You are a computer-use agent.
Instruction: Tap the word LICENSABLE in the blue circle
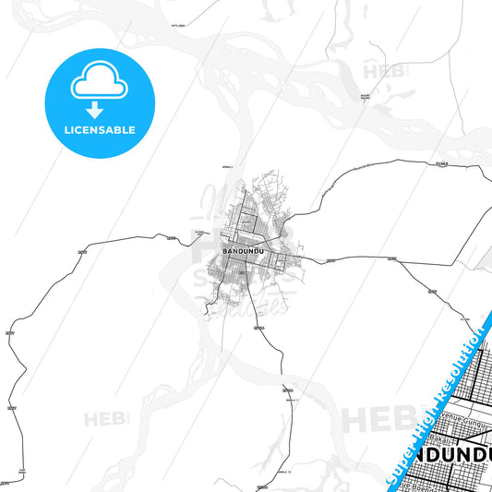coord(100,130)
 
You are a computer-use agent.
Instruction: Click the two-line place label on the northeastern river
coord(364,95)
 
